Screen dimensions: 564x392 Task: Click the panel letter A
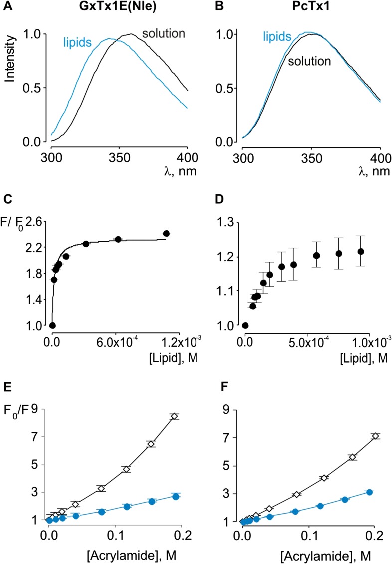pos(5,7)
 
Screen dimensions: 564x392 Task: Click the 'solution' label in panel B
pos(309,62)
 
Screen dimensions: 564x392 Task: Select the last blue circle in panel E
pos(176,497)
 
